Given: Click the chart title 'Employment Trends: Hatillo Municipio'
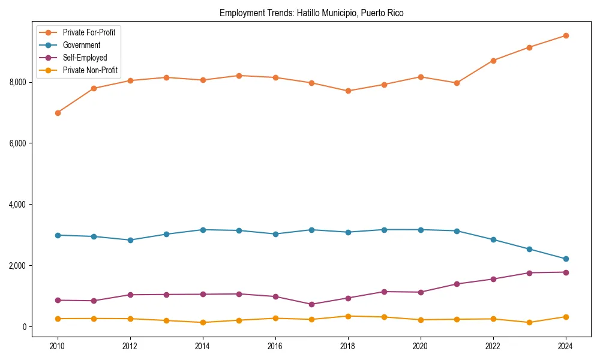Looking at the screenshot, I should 311,13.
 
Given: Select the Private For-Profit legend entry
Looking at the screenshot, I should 89,32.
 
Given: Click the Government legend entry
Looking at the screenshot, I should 81,45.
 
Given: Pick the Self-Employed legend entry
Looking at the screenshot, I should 85,58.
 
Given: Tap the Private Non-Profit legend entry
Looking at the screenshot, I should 90,71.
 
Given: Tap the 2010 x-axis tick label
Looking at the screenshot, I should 58,346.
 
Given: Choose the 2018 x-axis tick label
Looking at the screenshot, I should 348,346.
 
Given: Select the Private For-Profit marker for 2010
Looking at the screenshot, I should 58,113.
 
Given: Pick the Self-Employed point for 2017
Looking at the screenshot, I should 311,304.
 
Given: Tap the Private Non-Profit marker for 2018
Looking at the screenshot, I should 348,316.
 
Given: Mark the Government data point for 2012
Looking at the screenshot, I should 130,240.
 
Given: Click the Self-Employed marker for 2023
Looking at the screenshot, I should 529,273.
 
